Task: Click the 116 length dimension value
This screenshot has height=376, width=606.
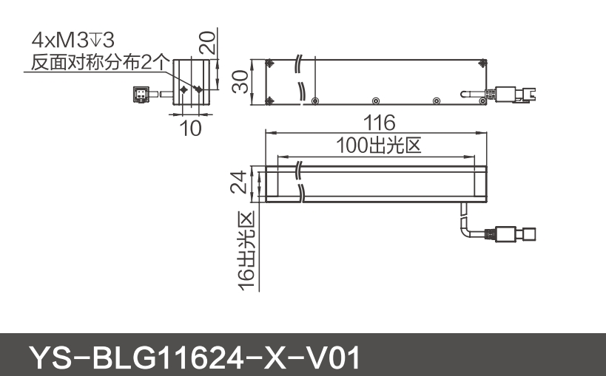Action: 379,122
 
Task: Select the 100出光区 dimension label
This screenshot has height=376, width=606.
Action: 378,146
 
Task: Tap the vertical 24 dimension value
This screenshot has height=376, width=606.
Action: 238,182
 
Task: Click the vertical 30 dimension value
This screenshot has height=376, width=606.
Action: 238,81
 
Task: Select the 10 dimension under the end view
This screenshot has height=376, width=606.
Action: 191,128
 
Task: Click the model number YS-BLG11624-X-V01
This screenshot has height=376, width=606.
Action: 195,358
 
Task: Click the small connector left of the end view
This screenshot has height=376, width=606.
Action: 141,93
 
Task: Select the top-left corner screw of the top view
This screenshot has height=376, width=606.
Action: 271,64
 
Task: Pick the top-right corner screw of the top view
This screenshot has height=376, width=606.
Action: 483,64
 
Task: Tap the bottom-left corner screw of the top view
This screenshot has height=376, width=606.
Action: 271,100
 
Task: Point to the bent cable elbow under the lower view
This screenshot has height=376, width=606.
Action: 464,225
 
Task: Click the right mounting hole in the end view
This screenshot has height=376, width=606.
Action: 198,89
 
